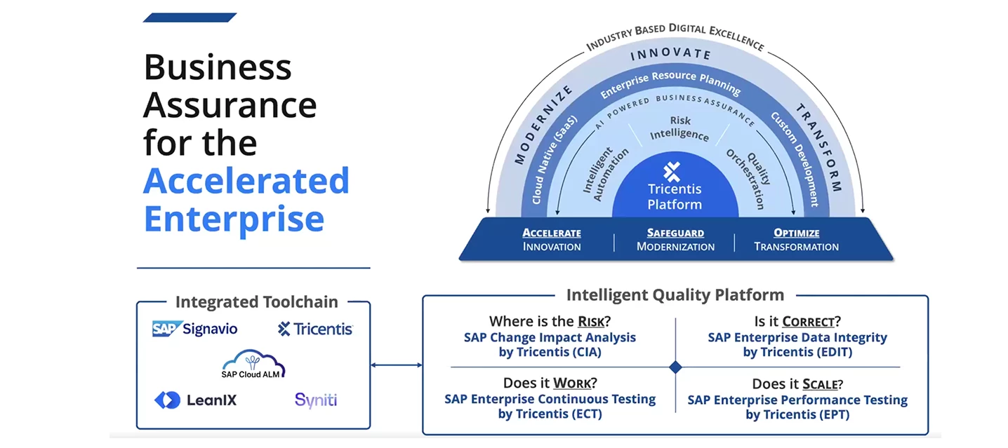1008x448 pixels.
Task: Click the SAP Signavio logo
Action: pos(194,329)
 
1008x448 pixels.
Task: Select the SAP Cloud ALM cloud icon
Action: pos(253,362)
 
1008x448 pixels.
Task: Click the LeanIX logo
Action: pos(195,400)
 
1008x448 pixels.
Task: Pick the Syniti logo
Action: pos(316,400)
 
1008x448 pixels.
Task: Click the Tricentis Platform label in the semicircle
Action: pos(674,196)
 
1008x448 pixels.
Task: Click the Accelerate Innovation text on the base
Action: pos(552,240)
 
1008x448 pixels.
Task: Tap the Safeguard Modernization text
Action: pos(675,240)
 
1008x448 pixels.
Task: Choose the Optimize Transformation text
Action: pos(796,240)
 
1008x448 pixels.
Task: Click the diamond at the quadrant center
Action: pos(675,367)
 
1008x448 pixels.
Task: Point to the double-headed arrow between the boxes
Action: pos(396,365)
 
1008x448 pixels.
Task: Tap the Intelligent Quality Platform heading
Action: pos(675,294)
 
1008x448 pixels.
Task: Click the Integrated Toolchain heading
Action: pos(256,302)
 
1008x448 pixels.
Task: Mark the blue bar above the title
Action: pos(190,18)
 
